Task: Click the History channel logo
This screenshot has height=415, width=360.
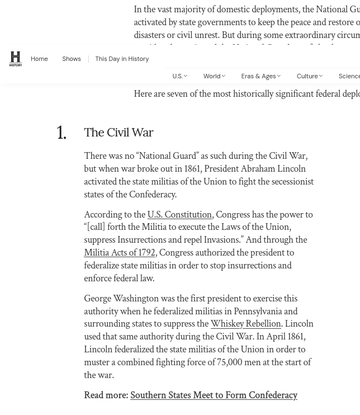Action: click(x=16, y=59)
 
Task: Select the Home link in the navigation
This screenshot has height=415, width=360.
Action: click(x=39, y=59)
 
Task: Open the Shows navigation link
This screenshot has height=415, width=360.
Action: click(x=72, y=59)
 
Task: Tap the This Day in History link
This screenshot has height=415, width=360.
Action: click(x=122, y=59)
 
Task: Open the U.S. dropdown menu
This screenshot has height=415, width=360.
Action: click(x=179, y=76)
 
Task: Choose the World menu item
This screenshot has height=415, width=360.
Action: click(x=214, y=76)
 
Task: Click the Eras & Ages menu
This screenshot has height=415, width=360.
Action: click(x=260, y=76)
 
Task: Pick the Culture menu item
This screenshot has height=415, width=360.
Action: click(x=309, y=76)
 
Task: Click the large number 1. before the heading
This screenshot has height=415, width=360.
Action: click(x=61, y=133)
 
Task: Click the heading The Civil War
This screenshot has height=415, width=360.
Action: click(x=119, y=133)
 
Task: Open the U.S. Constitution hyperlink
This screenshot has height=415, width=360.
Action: click(x=179, y=214)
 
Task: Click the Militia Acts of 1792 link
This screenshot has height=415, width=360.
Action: click(x=119, y=253)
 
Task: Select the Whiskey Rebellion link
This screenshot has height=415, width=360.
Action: click(x=245, y=324)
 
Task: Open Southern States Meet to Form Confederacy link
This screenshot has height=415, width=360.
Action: click(x=214, y=395)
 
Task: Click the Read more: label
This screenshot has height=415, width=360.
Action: click(x=106, y=395)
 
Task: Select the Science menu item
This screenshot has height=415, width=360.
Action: click(x=349, y=76)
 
